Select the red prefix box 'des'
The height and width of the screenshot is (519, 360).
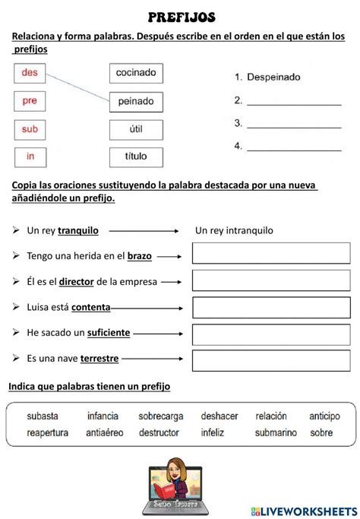tap(30, 73)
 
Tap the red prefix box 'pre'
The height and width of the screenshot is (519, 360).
tap(30, 101)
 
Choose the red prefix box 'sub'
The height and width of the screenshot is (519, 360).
tap(30, 129)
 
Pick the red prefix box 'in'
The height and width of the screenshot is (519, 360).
tap(30, 157)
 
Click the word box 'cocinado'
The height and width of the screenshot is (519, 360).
tap(136, 73)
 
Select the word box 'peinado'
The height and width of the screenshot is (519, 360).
tap(136, 101)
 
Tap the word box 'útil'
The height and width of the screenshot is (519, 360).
tap(136, 129)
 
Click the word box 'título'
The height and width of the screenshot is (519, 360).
tap(136, 157)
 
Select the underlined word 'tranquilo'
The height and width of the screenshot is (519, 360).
tap(83, 230)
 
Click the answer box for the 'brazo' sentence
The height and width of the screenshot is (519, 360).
tap(270, 254)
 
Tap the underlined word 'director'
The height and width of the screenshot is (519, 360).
tap(76, 281)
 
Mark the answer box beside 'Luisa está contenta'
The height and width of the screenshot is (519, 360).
tap(270, 307)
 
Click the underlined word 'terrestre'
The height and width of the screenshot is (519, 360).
tap(99, 358)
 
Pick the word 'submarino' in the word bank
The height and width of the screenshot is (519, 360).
tap(276, 432)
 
